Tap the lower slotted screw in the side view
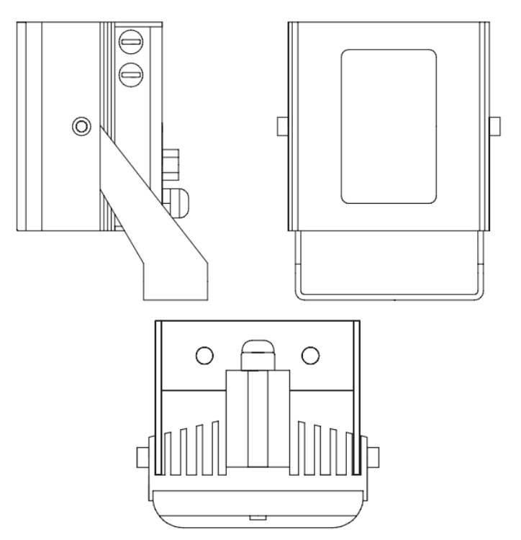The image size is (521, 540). point(130,72)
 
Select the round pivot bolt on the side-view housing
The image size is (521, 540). point(81,127)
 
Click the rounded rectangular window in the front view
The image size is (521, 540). point(389,127)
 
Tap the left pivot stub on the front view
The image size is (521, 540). point(282,126)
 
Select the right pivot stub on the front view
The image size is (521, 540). point(495,126)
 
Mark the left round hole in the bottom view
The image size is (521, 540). point(205,355)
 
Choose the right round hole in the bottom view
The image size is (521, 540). point(311,355)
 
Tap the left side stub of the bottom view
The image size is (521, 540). point(142,456)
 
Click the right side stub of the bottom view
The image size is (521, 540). point(374,456)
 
